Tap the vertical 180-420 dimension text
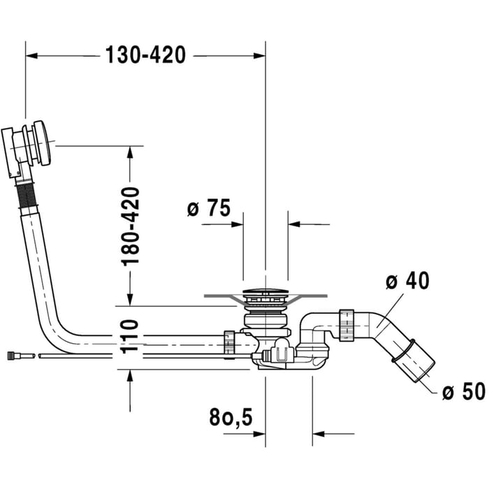(x=131, y=226)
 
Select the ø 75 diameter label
(x=209, y=208)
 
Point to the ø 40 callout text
(x=407, y=282)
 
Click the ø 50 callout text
(x=463, y=392)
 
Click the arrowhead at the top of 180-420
(x=131, y=151)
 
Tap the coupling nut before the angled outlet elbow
(x=344, y=326)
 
